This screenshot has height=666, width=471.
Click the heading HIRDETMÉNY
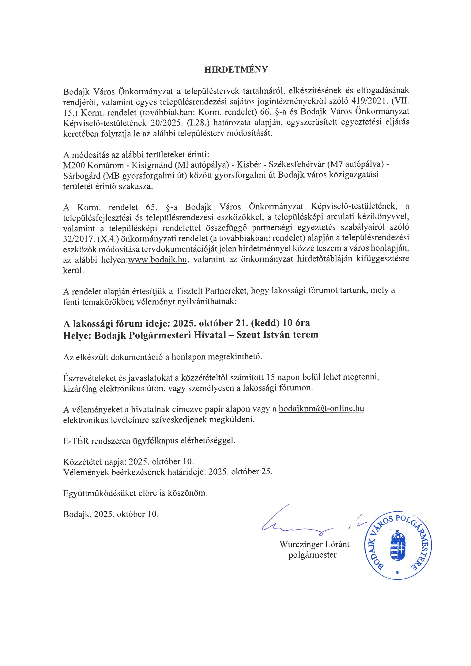point(236,70)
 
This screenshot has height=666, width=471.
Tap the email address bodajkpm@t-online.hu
point(321,409)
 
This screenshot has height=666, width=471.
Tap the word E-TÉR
point(76,441)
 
